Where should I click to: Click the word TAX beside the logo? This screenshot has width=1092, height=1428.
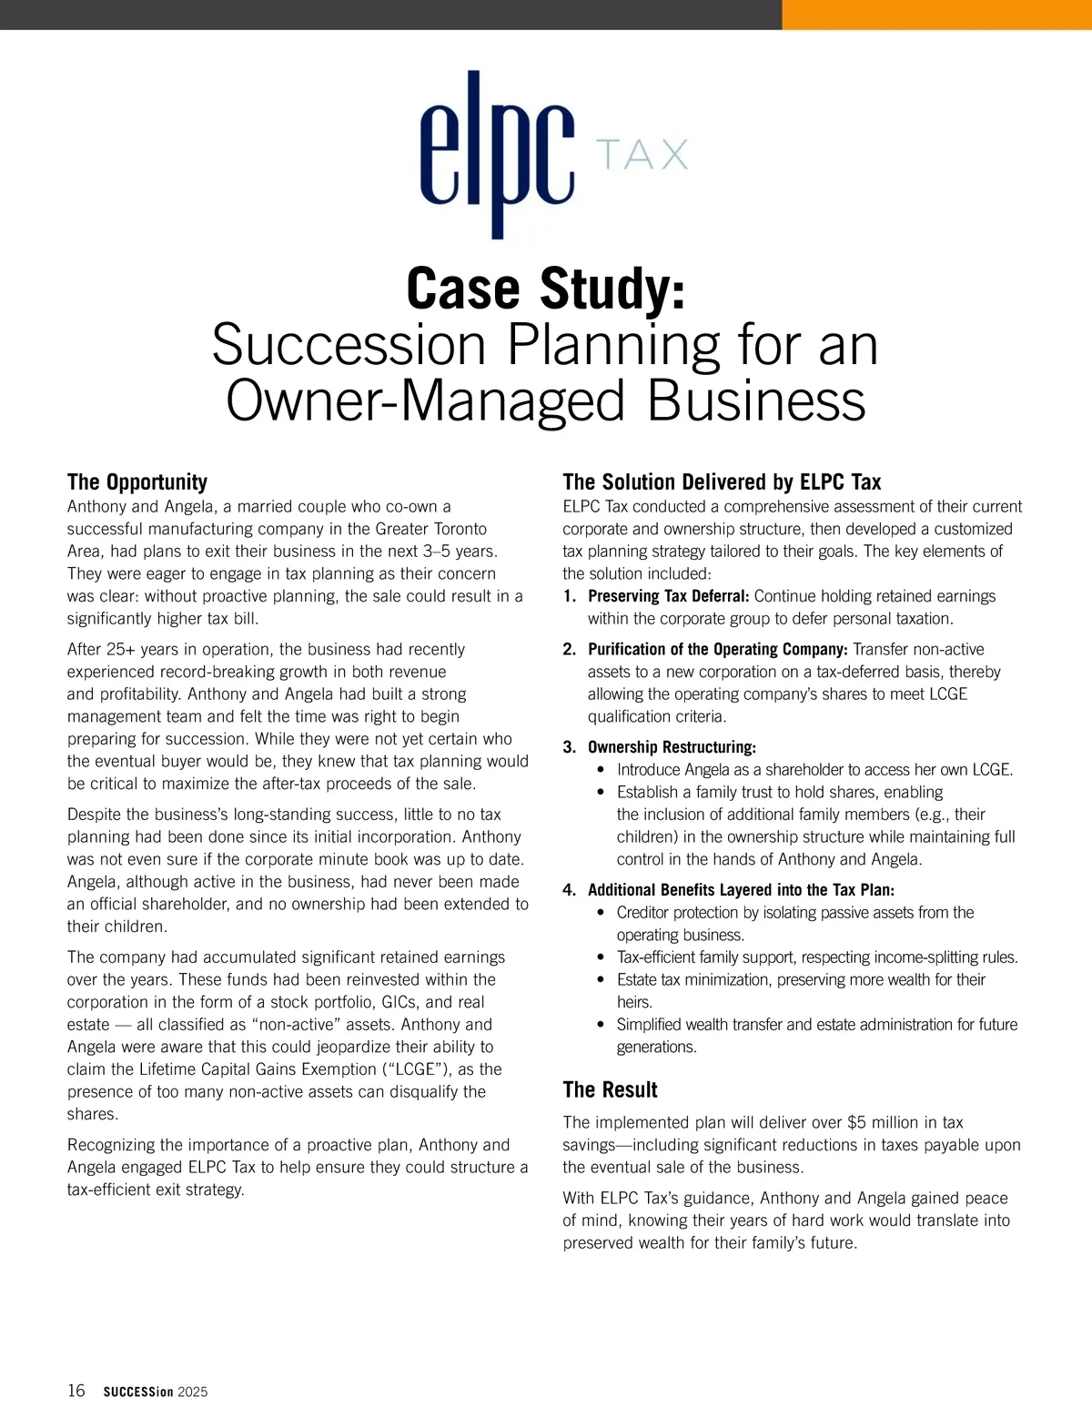[642, 155]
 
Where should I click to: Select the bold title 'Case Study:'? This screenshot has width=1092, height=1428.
[545, 289]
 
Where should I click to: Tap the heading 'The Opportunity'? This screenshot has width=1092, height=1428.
[137, 482]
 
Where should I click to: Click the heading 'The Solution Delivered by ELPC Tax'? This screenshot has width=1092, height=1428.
[722, 482]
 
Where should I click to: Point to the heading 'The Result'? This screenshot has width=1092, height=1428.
[610, 1089]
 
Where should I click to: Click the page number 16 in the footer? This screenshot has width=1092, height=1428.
[76, 1391]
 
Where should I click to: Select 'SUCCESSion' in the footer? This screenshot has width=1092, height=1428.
[137, 1392]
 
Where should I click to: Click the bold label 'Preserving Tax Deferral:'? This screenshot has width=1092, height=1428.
[668, 596]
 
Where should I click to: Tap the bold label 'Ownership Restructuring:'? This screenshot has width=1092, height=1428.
[672, 747]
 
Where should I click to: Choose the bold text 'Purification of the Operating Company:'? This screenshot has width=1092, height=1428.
[717, 649]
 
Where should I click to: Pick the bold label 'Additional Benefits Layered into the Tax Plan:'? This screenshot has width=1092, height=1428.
[741, 890]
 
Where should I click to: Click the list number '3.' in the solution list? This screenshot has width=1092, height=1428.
[570, 747]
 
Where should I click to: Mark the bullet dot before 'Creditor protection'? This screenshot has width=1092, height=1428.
[601, 913]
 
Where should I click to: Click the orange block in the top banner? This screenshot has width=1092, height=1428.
[936, 15]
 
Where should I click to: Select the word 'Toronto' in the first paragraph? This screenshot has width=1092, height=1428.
[456, 529]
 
